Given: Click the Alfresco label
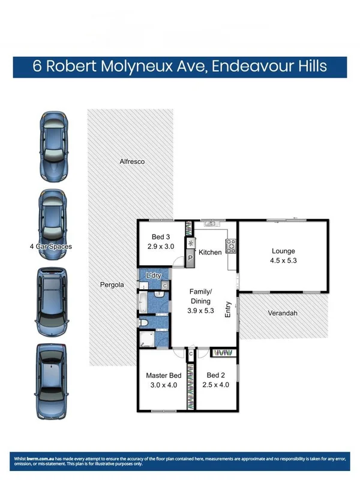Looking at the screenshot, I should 132,161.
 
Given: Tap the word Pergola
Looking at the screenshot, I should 112,284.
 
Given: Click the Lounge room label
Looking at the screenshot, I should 283,251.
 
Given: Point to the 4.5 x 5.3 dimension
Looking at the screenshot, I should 283,261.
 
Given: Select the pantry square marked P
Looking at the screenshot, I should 190,259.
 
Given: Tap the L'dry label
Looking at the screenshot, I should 154,275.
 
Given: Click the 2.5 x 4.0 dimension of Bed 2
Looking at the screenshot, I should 217,385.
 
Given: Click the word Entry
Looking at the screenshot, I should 228,309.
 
